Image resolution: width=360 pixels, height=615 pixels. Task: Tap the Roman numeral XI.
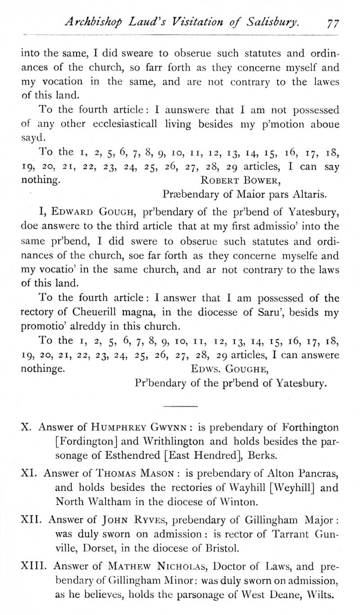(29, 473)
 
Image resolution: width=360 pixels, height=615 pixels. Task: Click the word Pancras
(316, 473)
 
